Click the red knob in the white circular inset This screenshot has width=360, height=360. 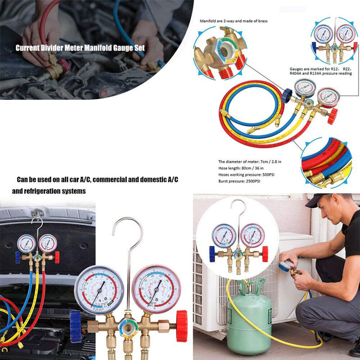[265, 254]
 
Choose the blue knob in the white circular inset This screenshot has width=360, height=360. [212, 254]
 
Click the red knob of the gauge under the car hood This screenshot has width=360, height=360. [57, 257]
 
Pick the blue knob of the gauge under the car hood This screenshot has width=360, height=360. [18, 257]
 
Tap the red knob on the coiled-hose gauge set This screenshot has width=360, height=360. [332, 117]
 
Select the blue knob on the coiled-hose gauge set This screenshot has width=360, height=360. [287, 94]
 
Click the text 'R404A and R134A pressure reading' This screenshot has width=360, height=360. [320, 73]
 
